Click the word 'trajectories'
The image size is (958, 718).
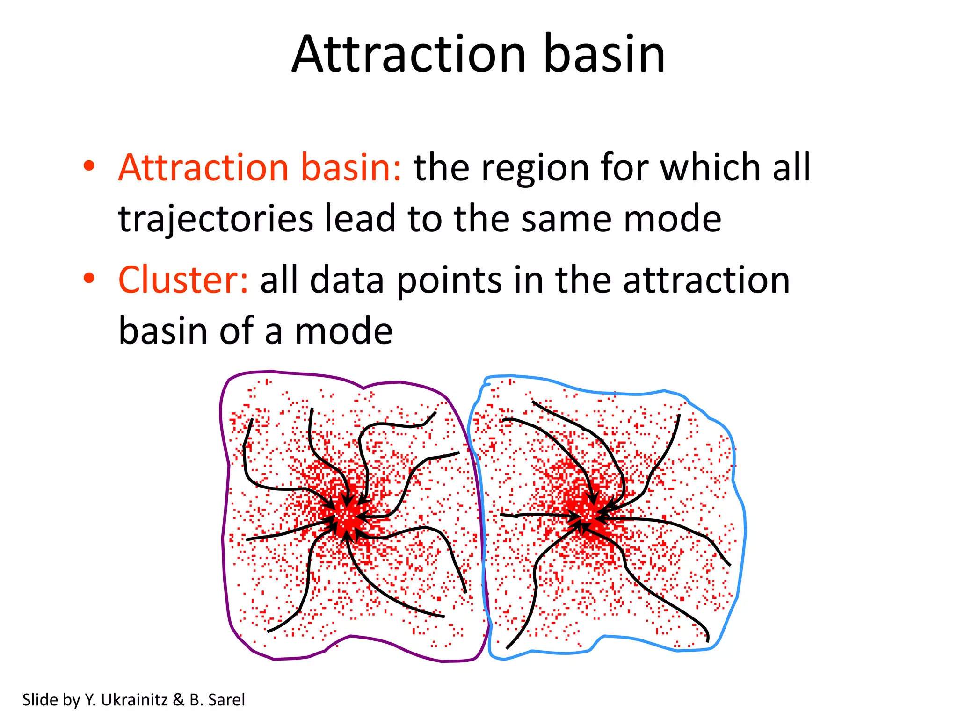tap(216, 219)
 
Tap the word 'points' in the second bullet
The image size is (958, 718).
tap(449, 281)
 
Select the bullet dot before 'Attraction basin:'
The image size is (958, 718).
tap(89, 166)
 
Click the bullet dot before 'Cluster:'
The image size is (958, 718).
tap(89, 278)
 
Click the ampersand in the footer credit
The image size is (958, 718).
tap(178, 700)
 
